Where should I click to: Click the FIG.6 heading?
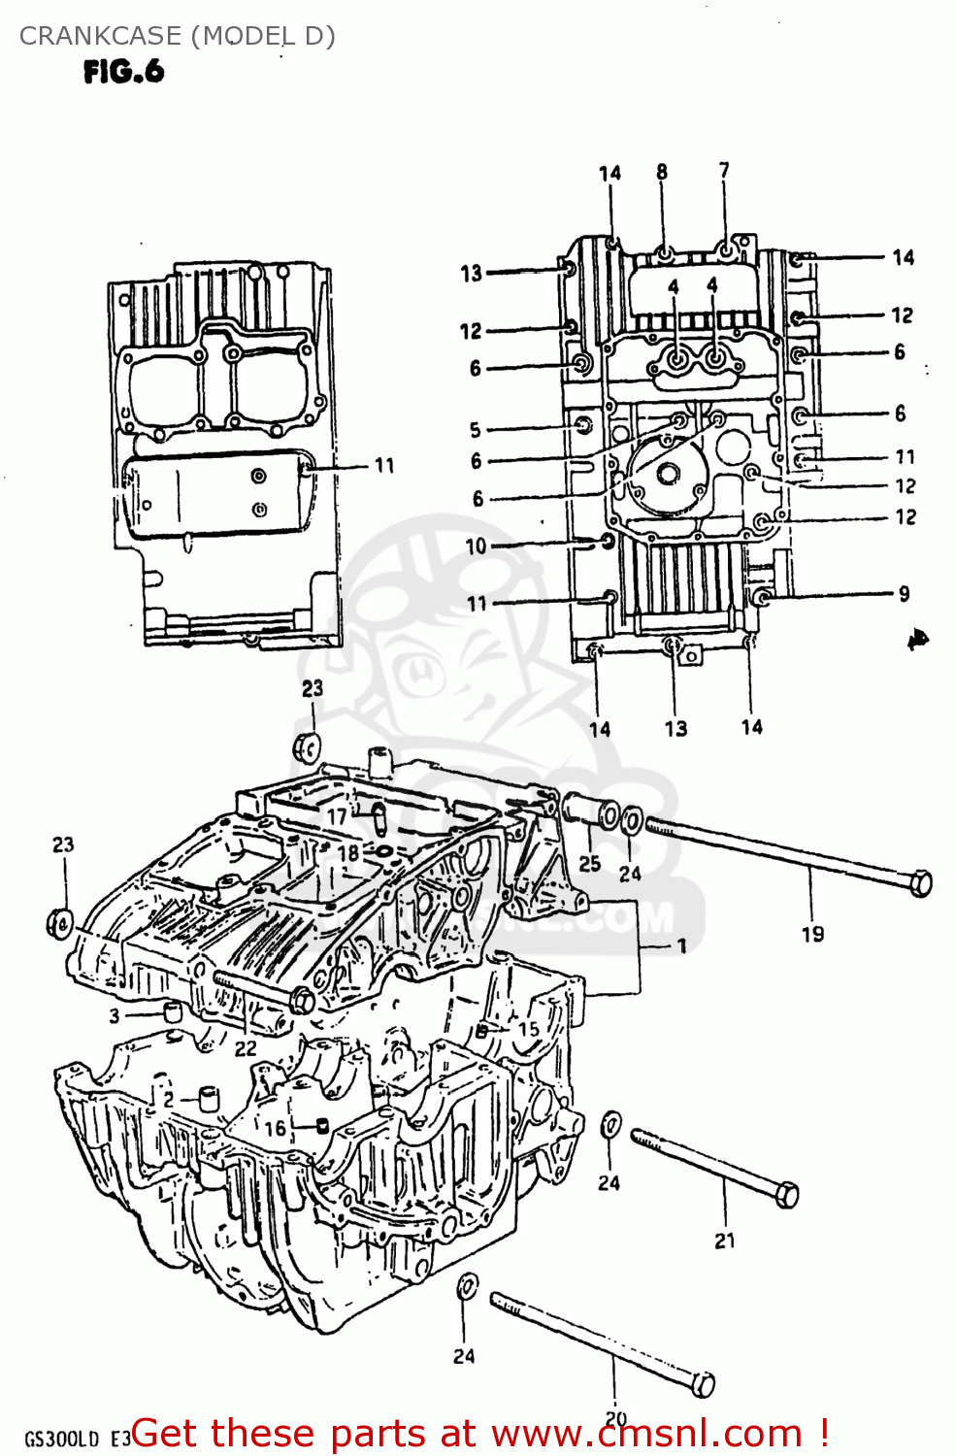(x=123, y=72)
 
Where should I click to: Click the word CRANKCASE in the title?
(x=99, y=36)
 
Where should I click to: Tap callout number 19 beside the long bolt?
(x=812, y=934)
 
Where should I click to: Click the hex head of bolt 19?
(x=921, y=883)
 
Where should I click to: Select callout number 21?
(x=725, y=1241)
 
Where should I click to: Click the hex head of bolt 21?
(x=787, y=1194)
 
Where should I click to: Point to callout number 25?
(x=589, y=863)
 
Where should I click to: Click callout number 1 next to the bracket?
(x=682, y=945)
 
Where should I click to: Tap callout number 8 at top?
(x=662, y=172)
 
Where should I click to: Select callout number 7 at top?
(x=724, y=170)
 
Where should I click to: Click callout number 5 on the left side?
(x=475, y=429)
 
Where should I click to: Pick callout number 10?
(x=476, y=546)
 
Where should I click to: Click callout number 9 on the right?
(x=904, y=593)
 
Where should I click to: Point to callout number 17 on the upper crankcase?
(x=337, y=816)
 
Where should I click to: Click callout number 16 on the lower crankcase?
(x=276, y=1128)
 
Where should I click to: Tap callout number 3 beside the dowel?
(x=115, y=1016)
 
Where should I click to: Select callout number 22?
(x=246, y=1048)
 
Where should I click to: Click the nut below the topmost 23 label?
(x=308, y=748)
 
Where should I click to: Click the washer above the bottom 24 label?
(x=466, y=1287)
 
